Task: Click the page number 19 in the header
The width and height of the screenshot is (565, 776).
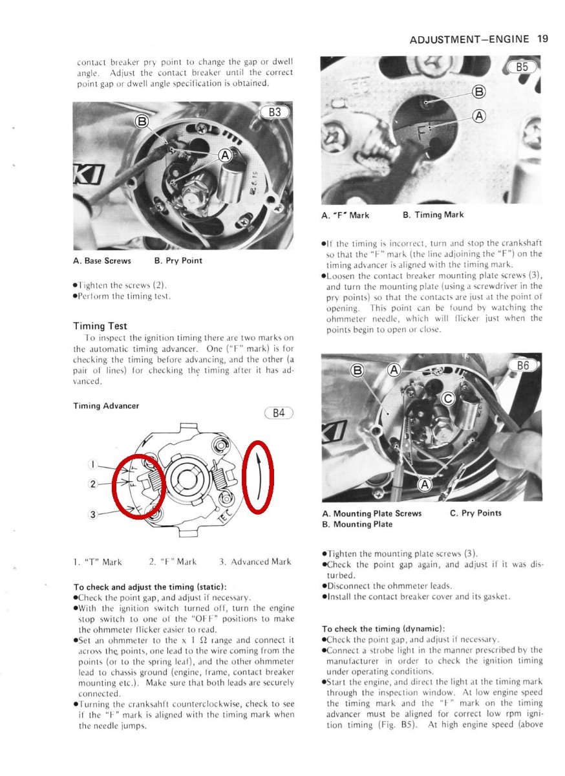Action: pos(542,39)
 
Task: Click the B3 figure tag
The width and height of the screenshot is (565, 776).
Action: pos(275,112)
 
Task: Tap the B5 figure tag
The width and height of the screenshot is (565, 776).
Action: pos(522,67)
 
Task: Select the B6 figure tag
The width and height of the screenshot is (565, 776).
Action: pos(522,366)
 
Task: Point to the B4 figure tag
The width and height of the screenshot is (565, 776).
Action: pos(279,413)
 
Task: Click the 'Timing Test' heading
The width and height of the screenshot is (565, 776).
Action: pos(101,326)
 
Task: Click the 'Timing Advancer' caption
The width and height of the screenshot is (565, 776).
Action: pos(106,406)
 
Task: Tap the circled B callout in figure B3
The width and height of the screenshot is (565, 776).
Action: pos(142,121)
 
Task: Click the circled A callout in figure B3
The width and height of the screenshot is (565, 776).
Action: pos(224,155)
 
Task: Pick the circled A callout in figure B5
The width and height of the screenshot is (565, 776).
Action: pos(479,116)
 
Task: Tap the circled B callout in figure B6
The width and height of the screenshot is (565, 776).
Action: pos(356,371)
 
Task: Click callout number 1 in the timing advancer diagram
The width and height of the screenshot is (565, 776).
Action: pos(93,464)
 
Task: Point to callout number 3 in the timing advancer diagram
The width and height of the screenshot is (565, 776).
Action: pos(93,514)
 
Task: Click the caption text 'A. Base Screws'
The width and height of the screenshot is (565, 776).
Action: pos(102,261)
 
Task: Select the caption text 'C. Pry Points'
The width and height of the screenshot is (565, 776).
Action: pos(475,513)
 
